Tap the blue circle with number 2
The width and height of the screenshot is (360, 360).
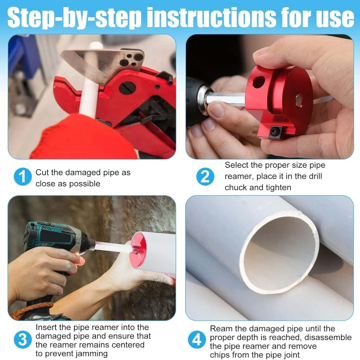pos(205,176)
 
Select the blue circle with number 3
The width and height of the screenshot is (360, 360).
pos(23,340)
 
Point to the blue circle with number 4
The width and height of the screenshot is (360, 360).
pos(197,341)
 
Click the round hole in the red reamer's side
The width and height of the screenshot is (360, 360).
pos(258,81)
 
